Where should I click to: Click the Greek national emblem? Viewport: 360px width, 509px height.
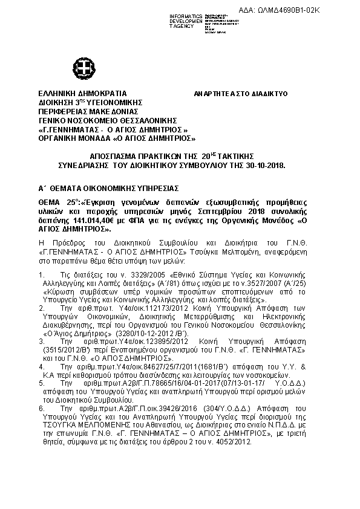(x=81, y=66)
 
